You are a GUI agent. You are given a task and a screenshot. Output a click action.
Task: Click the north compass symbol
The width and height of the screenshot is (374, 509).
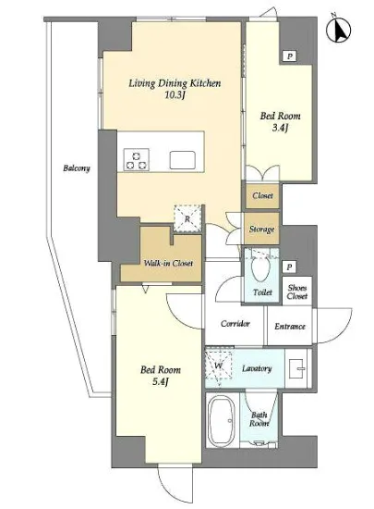(338, 30)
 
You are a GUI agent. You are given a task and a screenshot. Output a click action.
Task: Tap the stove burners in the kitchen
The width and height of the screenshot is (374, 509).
(137, 160)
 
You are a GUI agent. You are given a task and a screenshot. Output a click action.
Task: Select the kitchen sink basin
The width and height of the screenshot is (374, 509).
(182, 160)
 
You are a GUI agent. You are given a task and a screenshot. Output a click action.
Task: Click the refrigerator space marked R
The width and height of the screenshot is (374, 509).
(187, 218)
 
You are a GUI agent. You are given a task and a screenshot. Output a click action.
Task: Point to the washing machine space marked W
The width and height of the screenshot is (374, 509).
(219, 365)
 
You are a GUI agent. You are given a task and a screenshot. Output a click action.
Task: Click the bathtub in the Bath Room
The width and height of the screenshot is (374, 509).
(223, 419)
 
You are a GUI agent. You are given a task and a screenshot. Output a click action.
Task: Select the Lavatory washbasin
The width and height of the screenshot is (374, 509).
(296, 368)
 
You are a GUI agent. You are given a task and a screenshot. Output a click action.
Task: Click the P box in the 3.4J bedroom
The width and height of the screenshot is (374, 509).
(290, 56)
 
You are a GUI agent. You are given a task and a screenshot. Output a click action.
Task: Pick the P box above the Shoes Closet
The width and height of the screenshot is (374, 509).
(289, 267)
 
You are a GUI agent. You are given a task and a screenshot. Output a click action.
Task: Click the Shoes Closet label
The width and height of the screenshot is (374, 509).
(297, 292)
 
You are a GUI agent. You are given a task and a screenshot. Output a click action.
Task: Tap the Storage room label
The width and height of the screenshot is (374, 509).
(261, 230)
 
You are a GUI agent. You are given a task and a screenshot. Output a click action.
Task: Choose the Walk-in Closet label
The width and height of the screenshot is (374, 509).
(168, 263)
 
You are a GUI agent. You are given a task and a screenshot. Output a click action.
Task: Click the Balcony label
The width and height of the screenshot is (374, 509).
(77, 168)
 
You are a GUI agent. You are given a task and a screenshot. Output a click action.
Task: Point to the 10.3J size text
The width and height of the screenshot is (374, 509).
(175, 94)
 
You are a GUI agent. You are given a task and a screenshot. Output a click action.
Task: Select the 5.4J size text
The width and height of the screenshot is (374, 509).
(161, 381)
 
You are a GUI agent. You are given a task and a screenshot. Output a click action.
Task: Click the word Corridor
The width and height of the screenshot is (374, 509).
(235, 323)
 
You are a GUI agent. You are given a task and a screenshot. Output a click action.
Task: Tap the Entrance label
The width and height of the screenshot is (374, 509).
(290, 327)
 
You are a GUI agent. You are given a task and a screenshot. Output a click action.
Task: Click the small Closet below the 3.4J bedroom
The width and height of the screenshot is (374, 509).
(262, 196)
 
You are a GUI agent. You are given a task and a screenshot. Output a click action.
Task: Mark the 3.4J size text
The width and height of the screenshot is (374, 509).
(280, 128)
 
